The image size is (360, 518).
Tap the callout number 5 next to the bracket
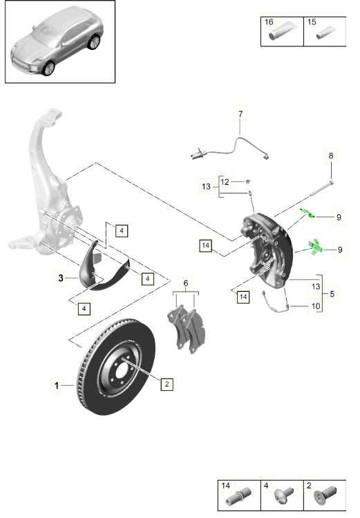(332, 294)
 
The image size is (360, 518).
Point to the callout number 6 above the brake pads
(185, 282)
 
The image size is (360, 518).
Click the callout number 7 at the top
(240, 113)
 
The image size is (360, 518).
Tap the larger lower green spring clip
(316, 246)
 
